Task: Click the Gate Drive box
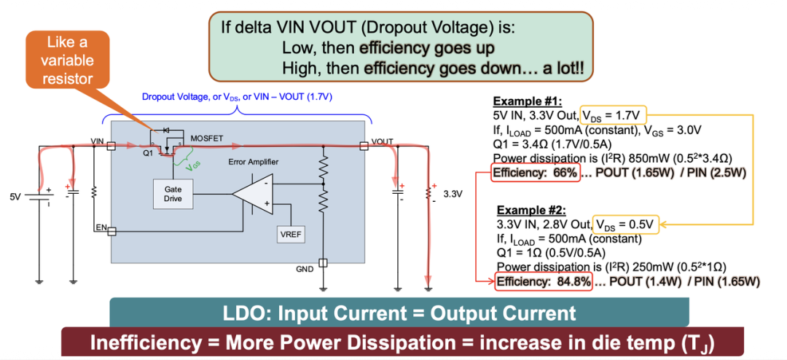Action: (x=173, y=194)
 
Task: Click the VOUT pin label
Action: (x=383, y=141)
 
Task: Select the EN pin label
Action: (x=101, y=228)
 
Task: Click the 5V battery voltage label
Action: (x=16, y=197)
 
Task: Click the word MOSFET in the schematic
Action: (x=207, y=138)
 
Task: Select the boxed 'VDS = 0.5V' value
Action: (x=626, y=224)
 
